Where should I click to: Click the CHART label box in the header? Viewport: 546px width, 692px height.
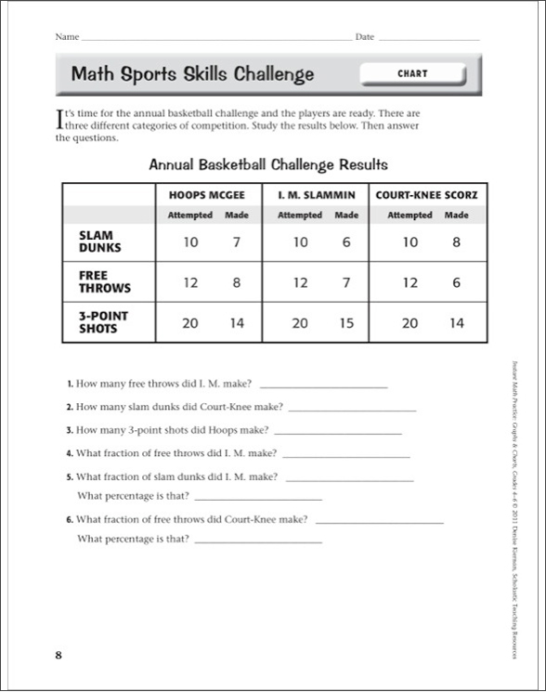click(x=411, y=73)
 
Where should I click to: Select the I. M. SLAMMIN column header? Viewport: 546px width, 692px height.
click(x=318, y=196)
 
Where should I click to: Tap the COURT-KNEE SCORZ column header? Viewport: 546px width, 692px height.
click(x=426, y=196)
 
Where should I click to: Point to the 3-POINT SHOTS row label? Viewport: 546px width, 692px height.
click(x=103, y=322)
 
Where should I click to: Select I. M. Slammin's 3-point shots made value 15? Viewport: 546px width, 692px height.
click(x=346, y=323)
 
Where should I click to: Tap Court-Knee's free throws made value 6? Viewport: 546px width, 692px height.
click(x=456, y=283)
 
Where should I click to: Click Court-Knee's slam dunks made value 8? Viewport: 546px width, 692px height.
click(x=456, y=242)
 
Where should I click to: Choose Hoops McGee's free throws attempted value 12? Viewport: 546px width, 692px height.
click(x=189, y=283)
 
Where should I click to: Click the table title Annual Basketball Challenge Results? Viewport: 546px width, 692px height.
click(x=268, y=164)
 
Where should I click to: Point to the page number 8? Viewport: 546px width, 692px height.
click(x=58, y=656)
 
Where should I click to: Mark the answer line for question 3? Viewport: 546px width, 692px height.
click(x=338, y=433)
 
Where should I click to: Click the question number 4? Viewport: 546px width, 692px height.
click(x=69, y=454)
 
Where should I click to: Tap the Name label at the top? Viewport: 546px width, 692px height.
click(x=67, y=37)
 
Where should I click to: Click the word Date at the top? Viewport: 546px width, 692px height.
click(x=364, y=37)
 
